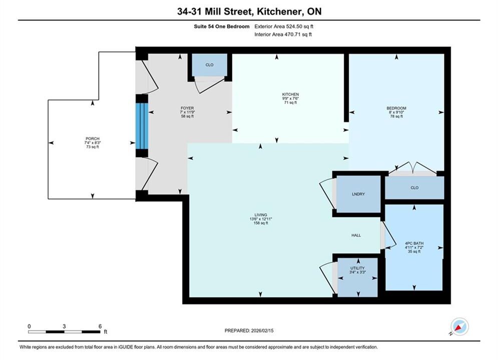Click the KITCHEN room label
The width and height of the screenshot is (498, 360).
290,94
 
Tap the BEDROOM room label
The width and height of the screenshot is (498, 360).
396,108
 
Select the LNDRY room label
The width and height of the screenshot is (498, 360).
358,194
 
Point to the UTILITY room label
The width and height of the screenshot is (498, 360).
357,268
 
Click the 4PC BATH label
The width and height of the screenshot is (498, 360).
414,243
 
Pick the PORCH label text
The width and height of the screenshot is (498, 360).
93,138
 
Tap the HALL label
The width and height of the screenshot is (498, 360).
356,235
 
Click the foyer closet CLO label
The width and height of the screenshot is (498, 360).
209,64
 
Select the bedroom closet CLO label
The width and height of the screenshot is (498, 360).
414,188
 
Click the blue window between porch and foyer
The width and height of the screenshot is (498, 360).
142,125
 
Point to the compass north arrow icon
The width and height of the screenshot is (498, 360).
459,326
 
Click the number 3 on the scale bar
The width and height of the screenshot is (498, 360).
64,326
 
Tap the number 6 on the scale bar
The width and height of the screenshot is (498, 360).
100,326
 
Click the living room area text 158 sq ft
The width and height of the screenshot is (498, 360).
260,223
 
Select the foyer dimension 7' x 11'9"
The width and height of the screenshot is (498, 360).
187,112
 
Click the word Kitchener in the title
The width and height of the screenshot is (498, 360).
277,11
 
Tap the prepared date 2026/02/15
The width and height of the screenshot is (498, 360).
262,330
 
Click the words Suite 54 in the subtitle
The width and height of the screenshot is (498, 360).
204,26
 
